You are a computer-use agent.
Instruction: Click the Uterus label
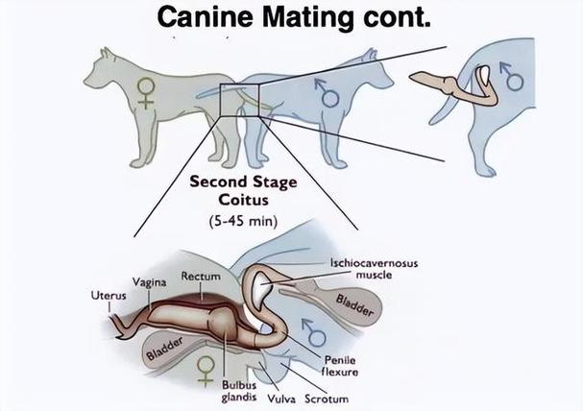109,295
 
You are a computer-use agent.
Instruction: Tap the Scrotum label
326,398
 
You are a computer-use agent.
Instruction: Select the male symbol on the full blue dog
328,91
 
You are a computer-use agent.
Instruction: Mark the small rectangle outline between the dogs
237,100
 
